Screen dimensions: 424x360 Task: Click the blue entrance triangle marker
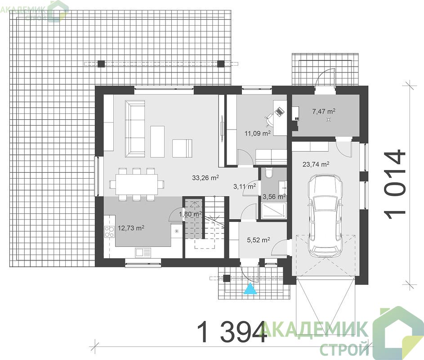click(250, 288)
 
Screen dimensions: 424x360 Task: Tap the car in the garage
click(325, 216)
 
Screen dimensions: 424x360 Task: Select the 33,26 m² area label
click(205, 178)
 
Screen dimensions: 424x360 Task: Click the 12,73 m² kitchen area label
click(131, 228)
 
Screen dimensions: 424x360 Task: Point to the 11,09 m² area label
click(258, 133)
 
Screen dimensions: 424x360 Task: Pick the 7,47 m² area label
click(324, 111)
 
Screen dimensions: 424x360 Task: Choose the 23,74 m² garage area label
click(316, 164)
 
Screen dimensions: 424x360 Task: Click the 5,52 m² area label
click(258, 240)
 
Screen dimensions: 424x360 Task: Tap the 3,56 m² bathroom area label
click(274, 197)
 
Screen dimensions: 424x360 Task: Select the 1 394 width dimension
click(232, 331)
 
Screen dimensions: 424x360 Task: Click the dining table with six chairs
click(137, 184)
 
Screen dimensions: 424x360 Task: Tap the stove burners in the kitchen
click(109, 232)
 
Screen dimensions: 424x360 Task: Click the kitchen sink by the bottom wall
click(143, 252)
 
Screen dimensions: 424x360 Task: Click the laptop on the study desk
click(279, 112)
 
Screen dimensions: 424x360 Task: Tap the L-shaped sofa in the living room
click(135, 129)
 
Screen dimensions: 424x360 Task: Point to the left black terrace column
click(101, 64)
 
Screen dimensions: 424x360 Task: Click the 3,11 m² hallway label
click(245, 186)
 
